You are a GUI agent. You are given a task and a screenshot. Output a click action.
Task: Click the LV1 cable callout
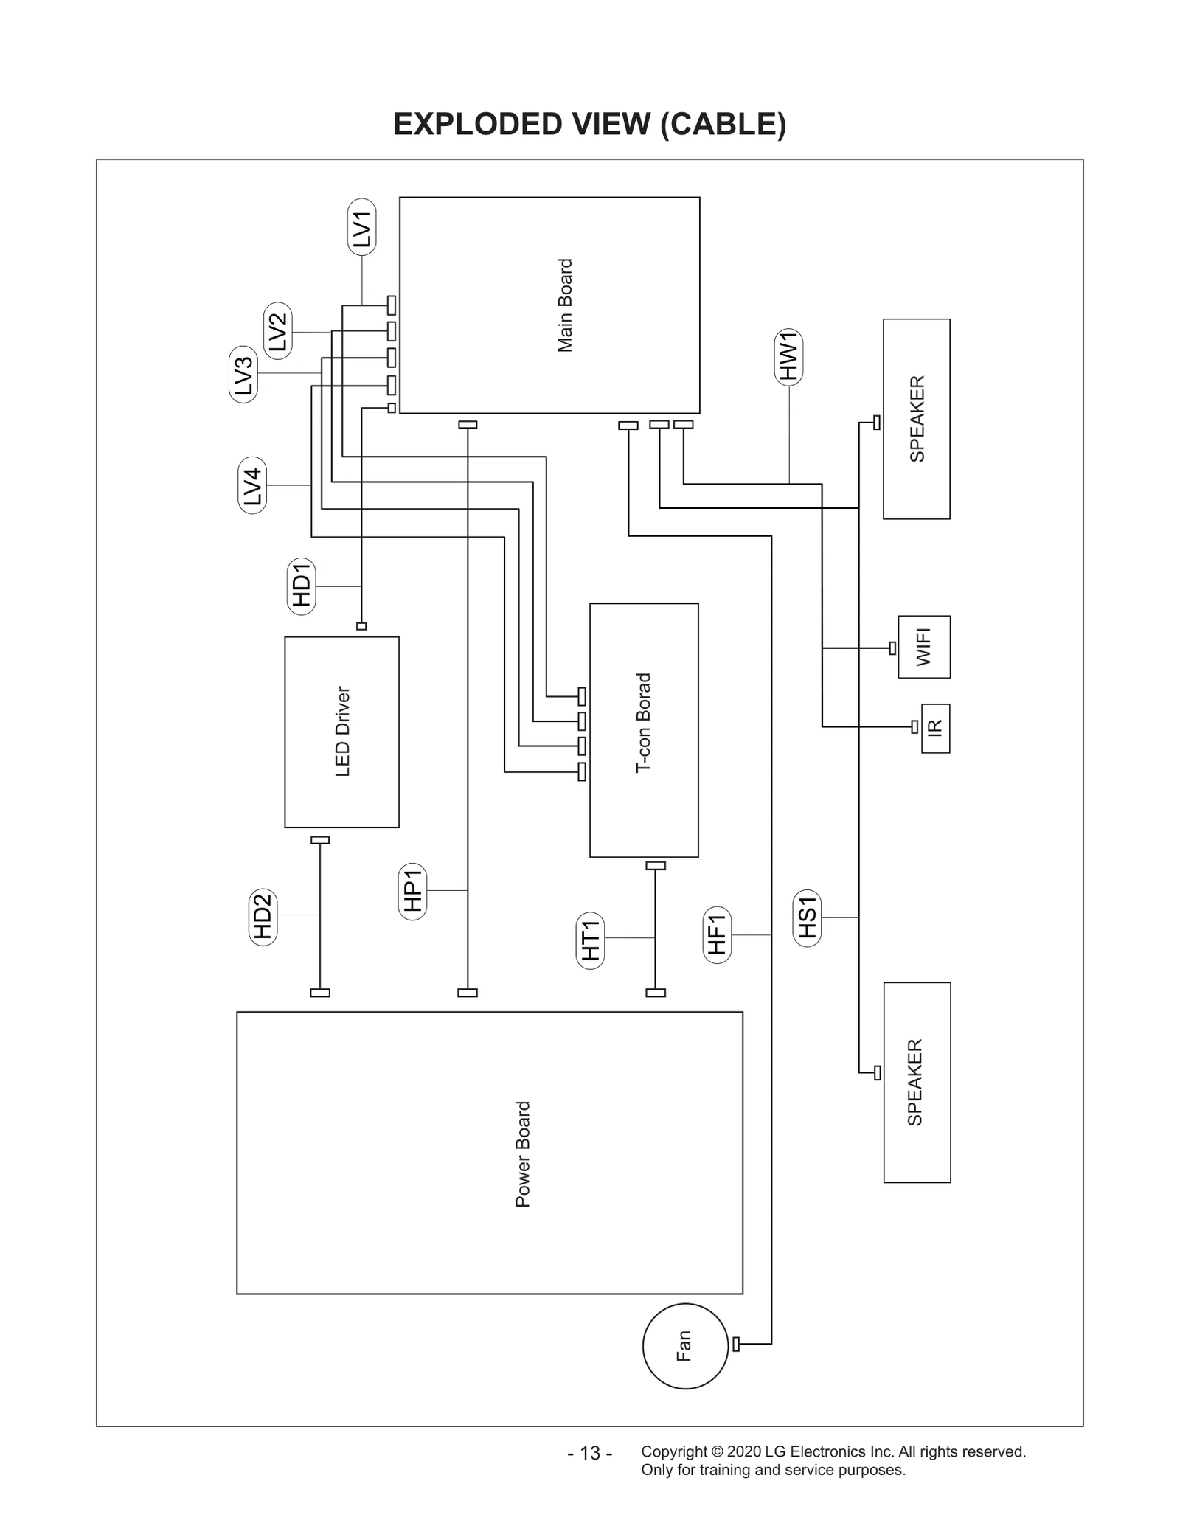[x=361, y=227]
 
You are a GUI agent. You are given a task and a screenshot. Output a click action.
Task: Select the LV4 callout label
[x=252, y=485]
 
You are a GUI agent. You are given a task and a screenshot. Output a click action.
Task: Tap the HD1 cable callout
[x=301, y=586]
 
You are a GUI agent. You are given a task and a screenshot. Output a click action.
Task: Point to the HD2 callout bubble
[x=263, y=917]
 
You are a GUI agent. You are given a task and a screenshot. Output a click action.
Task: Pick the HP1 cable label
[x=412, y=891]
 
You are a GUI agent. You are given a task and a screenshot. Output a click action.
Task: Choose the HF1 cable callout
[x=716, y=935]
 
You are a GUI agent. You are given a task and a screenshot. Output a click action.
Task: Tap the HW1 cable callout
[x=789, y=357]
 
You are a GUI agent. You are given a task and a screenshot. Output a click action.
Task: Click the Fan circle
[x=685, y=1346]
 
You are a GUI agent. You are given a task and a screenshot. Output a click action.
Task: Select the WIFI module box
[x=923, y=647]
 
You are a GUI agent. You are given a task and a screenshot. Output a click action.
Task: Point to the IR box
[x=935, y=727]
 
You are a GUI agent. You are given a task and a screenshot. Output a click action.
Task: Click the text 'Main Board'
[x=565, y=305]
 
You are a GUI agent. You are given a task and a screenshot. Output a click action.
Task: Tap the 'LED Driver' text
[x=342, y=731]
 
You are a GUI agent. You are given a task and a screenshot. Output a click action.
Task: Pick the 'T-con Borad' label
[x=644, y=723]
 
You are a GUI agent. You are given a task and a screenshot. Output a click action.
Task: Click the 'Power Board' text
[x=523, y=1154]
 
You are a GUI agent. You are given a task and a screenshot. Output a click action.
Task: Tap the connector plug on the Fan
[x=736, y=1344]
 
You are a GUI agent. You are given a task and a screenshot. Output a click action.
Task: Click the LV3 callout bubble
[x=243, y=374]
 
